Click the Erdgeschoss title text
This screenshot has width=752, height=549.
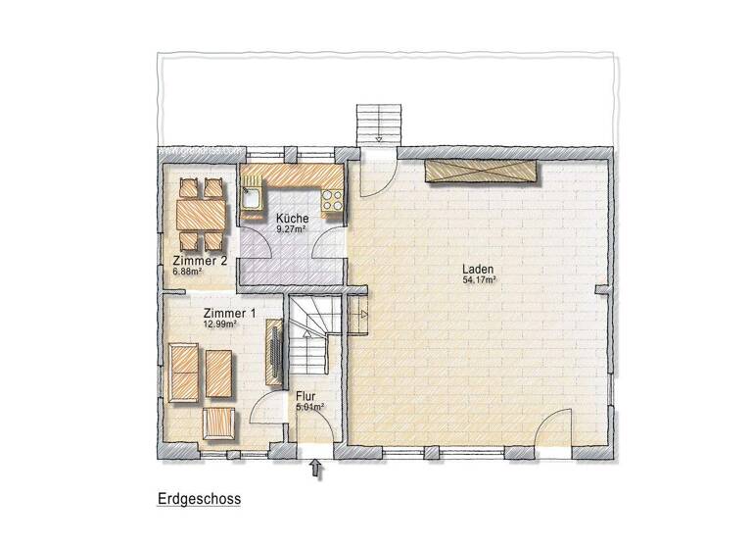coord(199,498)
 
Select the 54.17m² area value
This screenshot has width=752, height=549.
coord(479,280)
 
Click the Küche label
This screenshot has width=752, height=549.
coord(292,218)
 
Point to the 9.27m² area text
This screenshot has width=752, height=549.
coord(292,228)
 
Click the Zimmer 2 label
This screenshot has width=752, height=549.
coord(200,261)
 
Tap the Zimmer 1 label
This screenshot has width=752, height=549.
coord(231,312)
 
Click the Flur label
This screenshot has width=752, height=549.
coord(305,397)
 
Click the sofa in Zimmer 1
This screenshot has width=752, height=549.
coord(182,372)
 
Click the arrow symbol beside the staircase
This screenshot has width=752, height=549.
coord(359,315)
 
